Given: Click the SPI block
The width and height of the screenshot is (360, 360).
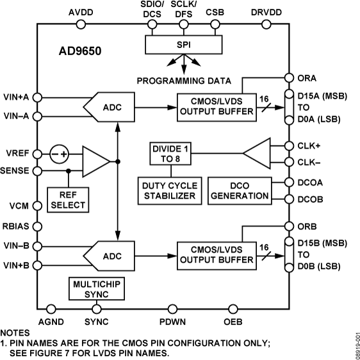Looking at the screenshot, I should (184, 45).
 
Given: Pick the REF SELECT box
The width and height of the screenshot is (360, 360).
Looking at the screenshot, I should (67, 199).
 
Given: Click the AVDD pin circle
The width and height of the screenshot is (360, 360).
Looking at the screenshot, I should (81, 25).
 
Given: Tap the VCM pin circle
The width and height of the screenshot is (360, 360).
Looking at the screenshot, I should (37, 207).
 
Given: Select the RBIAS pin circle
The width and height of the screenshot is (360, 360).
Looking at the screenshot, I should (37, 226).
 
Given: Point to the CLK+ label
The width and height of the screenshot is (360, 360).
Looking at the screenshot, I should (310, 145).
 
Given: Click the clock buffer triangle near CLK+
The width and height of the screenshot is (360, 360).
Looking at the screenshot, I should (258, 154).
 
